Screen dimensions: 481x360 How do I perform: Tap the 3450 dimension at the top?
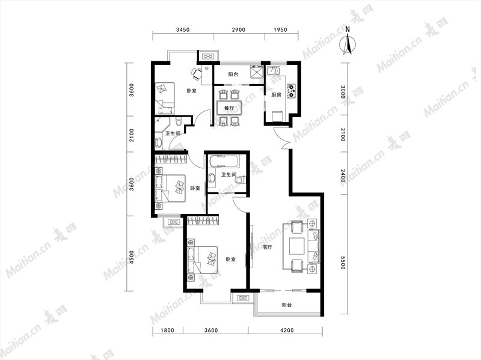(183, 29)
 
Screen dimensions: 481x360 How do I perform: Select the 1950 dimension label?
(280, 29)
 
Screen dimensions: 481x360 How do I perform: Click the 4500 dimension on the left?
(131, 258)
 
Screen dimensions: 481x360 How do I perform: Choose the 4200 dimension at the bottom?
(287, 331)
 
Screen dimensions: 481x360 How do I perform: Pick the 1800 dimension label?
(167, 331)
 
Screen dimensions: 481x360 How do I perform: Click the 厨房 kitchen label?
(276, 95)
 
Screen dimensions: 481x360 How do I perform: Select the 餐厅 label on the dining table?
(229, 108)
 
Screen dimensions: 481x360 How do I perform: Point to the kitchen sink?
(273, 72)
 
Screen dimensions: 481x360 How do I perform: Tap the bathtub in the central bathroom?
(222, 160)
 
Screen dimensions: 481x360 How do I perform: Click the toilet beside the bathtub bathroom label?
(239, 180)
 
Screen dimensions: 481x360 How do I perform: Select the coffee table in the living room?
(296, 246)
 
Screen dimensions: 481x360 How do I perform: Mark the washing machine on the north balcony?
(257, 72)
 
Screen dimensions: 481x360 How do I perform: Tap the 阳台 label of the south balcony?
(287, 305)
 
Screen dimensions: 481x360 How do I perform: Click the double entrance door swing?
(281, 139)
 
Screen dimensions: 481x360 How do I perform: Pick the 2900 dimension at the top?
(238, 29)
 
